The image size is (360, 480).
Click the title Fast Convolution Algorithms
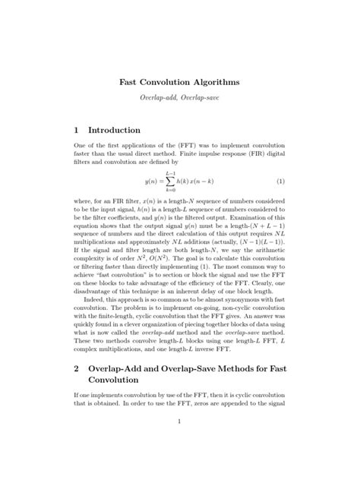click(179, 80)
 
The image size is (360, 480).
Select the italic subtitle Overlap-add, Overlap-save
click(179, 99)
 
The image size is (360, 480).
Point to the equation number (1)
click(280, 182)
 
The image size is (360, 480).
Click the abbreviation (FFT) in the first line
click(197, 144)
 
